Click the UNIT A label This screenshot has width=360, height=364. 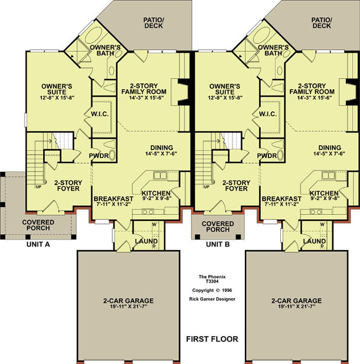(x=38, y=244)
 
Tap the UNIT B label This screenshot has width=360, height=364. (x=218, y=244)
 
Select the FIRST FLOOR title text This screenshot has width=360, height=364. (x=212, y=339)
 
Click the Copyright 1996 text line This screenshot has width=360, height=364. (x=212, y=290)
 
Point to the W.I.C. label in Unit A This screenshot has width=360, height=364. (x=100, y=114)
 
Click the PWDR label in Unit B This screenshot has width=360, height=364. (x=267, y=156)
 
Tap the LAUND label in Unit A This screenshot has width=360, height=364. (x=146, y=241)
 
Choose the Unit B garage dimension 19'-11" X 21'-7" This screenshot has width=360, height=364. (x=296, y=306)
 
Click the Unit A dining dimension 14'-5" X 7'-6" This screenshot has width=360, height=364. (x=161, y=153)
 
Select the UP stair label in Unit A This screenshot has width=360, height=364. (x=39, y=186)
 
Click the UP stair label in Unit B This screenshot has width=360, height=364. (x=206, y=186)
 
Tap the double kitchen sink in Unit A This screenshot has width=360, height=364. (x=160, y=176)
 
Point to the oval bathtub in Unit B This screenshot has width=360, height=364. (x=262, y=36)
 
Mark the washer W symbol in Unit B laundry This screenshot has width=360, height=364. (x=322, y=224)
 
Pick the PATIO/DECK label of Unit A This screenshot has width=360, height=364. (x=154, y=23)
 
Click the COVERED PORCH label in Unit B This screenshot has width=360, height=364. (x=218, y=227)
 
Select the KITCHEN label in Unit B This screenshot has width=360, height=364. (x=324, y=193)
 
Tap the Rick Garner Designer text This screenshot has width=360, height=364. (x=212, y=299)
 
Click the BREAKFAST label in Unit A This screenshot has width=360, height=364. (x=114, y=199)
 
